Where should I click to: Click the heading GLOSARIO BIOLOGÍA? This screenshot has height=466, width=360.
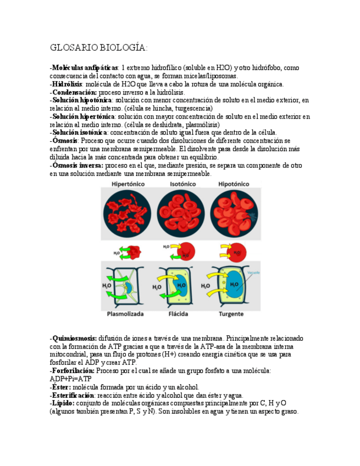pyautogui.click(x=99, y=48)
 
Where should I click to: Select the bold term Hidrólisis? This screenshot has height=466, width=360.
pyautogui.click(x=67, y=84)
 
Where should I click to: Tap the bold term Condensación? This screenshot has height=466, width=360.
pyautogui.click(x=74, y=92)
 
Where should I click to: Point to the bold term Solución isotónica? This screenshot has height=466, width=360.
pyautogui.click(x=79, y=132)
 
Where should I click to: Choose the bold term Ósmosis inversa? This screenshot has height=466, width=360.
pyautogui.click(x=77, y=165)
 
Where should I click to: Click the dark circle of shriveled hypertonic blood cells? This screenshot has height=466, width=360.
pyautogui.click(x=127, y=214)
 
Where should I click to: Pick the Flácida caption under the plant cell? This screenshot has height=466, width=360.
pyautogui.click(x=180, y=314)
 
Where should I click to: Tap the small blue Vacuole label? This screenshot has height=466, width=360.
pyautogui.click(x=253, y=272)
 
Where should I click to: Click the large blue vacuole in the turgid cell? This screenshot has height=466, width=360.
pyautogui.click(x=234, y=284)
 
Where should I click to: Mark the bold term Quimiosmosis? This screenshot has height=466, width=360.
pyautogui.click(x=74, y=339)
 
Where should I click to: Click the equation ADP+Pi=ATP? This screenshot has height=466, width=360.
pyautogui.click(x=70, y=379)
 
